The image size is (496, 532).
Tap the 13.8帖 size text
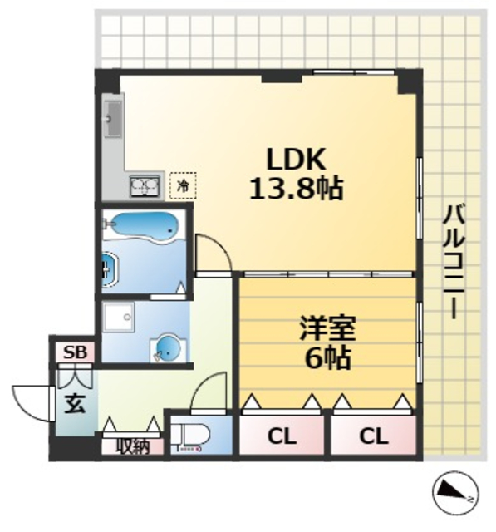[x=296, y=189]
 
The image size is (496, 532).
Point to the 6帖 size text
[x=327, y=360]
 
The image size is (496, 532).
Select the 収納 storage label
[x=131, y=446]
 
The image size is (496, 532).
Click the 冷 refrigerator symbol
[x=183, y=185]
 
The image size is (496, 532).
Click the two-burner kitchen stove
[x=145, y=185]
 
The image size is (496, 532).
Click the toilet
[x=193, y=436]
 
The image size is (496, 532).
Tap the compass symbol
[x=453, y=494]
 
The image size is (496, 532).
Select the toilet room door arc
[x=208, y=392]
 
